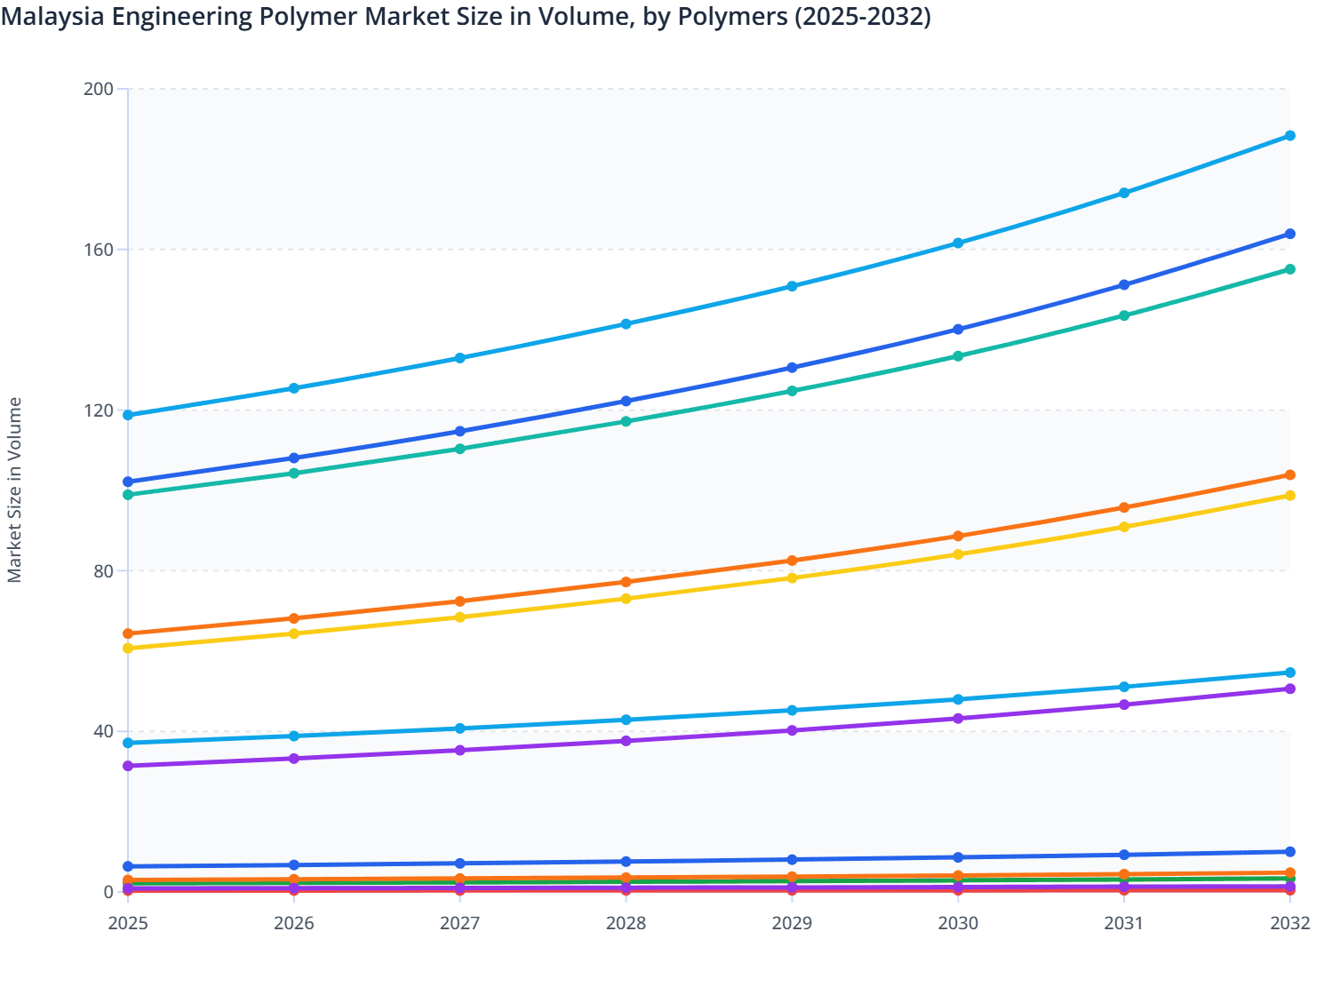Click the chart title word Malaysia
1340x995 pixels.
[x=52, y=17]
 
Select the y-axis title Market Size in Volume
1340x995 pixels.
[x=14, y=490]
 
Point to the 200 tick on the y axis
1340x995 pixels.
[x=98, y=89]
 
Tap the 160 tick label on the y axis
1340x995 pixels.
[x=98, y=250]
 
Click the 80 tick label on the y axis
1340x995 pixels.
[x=102, y=570]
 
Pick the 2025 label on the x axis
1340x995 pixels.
[x=128, y=923]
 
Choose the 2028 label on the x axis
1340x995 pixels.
[x=626, y=923]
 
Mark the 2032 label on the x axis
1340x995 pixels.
[x=1290, y=923]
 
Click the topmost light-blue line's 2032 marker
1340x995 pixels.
[x=1290, y=136]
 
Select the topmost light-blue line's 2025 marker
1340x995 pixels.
[x=128, y=415]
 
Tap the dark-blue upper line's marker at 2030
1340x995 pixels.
[x=958, y=330]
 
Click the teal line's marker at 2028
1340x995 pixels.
[x=626, y=421]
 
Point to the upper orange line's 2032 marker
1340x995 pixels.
[x=1290, y=475]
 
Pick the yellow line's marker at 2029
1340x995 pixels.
[x=792, y=578]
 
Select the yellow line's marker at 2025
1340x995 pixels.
[x=128, y=649]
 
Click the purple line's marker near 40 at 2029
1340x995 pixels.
[x=792, y=730]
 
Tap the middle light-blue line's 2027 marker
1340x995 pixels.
[x=460, y=728]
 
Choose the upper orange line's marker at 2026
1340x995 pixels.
[x=294, y=618]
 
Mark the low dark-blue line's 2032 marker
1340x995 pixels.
[x=1290, y=852]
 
